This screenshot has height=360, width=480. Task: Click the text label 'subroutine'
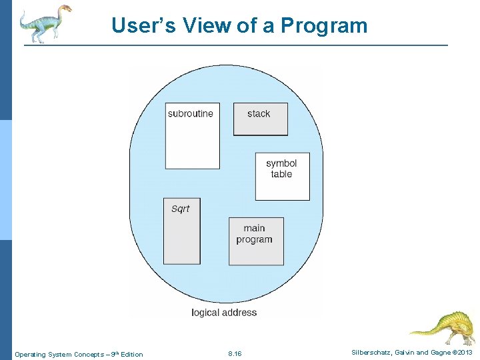191,113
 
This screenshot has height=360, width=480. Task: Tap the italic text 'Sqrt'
181,209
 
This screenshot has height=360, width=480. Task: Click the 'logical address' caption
224,312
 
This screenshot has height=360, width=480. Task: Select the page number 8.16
235,353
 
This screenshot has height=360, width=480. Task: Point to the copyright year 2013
464,353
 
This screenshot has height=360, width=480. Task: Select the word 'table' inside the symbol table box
281,174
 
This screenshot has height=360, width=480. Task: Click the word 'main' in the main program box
254,228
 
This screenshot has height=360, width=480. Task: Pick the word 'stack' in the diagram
259,113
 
